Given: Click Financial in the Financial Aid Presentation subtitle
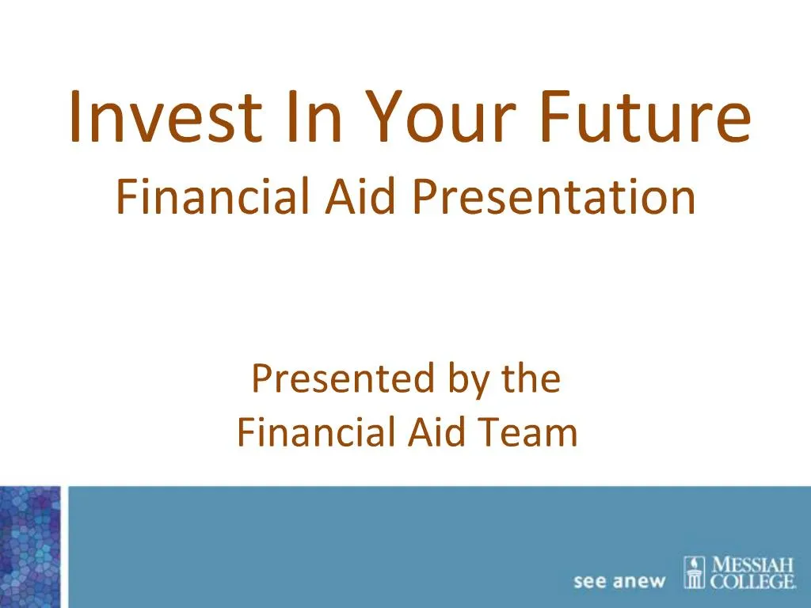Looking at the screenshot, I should [x=212, y=197].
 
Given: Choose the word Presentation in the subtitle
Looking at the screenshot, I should [x=554, y=199].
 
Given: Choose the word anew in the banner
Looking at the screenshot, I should [x=641, y=582].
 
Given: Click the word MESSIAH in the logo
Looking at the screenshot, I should [x=753, y=566].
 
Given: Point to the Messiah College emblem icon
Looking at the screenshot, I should [x=695, y=573].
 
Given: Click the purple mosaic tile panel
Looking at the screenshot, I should [x=30, y=546].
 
